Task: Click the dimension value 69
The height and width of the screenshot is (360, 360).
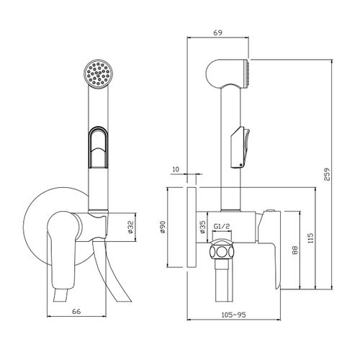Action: pos(217,32)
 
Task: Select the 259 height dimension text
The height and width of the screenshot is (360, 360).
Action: pos(328,174)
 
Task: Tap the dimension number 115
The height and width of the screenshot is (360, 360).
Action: pos(310,238)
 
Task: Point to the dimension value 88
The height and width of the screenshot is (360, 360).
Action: pos(295,250)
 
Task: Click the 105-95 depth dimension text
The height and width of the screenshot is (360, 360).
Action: pos(233,315)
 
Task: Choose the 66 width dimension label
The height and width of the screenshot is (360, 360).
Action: pos(76,311)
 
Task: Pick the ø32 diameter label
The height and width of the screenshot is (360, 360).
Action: pos(130,227)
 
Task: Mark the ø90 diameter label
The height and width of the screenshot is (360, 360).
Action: pos(163,227)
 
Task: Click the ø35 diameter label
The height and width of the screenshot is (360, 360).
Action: pos(202,227)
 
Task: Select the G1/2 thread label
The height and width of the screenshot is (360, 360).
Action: pos(222,226)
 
